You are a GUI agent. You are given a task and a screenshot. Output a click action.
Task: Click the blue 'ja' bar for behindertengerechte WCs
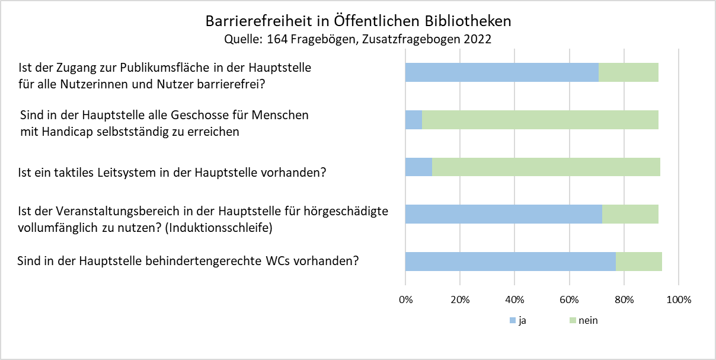click(510, 262)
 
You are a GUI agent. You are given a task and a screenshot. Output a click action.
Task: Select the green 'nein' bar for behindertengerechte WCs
click(639, 262)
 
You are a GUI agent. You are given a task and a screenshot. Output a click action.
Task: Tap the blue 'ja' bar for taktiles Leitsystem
click(418, 167)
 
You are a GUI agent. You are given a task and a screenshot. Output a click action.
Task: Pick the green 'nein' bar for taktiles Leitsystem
click(546, 167)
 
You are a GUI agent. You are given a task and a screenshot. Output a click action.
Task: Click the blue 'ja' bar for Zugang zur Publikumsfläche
click(501, 72)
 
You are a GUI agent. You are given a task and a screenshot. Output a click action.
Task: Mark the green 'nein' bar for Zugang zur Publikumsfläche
click(628, 72)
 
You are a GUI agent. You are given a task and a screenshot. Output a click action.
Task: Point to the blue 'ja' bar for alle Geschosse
click(414, 119)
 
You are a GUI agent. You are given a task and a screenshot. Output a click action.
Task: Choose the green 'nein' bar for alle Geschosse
click(540, 119)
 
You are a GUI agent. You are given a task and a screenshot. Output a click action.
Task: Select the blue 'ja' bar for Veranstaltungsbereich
click(503, 214)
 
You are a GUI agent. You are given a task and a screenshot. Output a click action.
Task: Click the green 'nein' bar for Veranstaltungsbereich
click(630, 214)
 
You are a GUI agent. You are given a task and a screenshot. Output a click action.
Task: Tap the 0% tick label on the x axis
click(405, 300)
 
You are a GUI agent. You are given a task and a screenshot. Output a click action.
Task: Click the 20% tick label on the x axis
click(460, 300)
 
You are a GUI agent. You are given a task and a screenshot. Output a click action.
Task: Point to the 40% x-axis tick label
click(514, 300)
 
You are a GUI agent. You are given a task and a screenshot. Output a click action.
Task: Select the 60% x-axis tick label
click(570, 300)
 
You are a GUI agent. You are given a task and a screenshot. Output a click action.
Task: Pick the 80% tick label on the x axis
click(624, 300)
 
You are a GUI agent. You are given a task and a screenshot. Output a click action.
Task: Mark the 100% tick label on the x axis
click(679, 300)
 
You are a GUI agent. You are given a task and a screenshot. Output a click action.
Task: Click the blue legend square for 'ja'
click(513, 321)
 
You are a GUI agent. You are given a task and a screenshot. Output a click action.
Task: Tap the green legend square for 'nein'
click(572, 321)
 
